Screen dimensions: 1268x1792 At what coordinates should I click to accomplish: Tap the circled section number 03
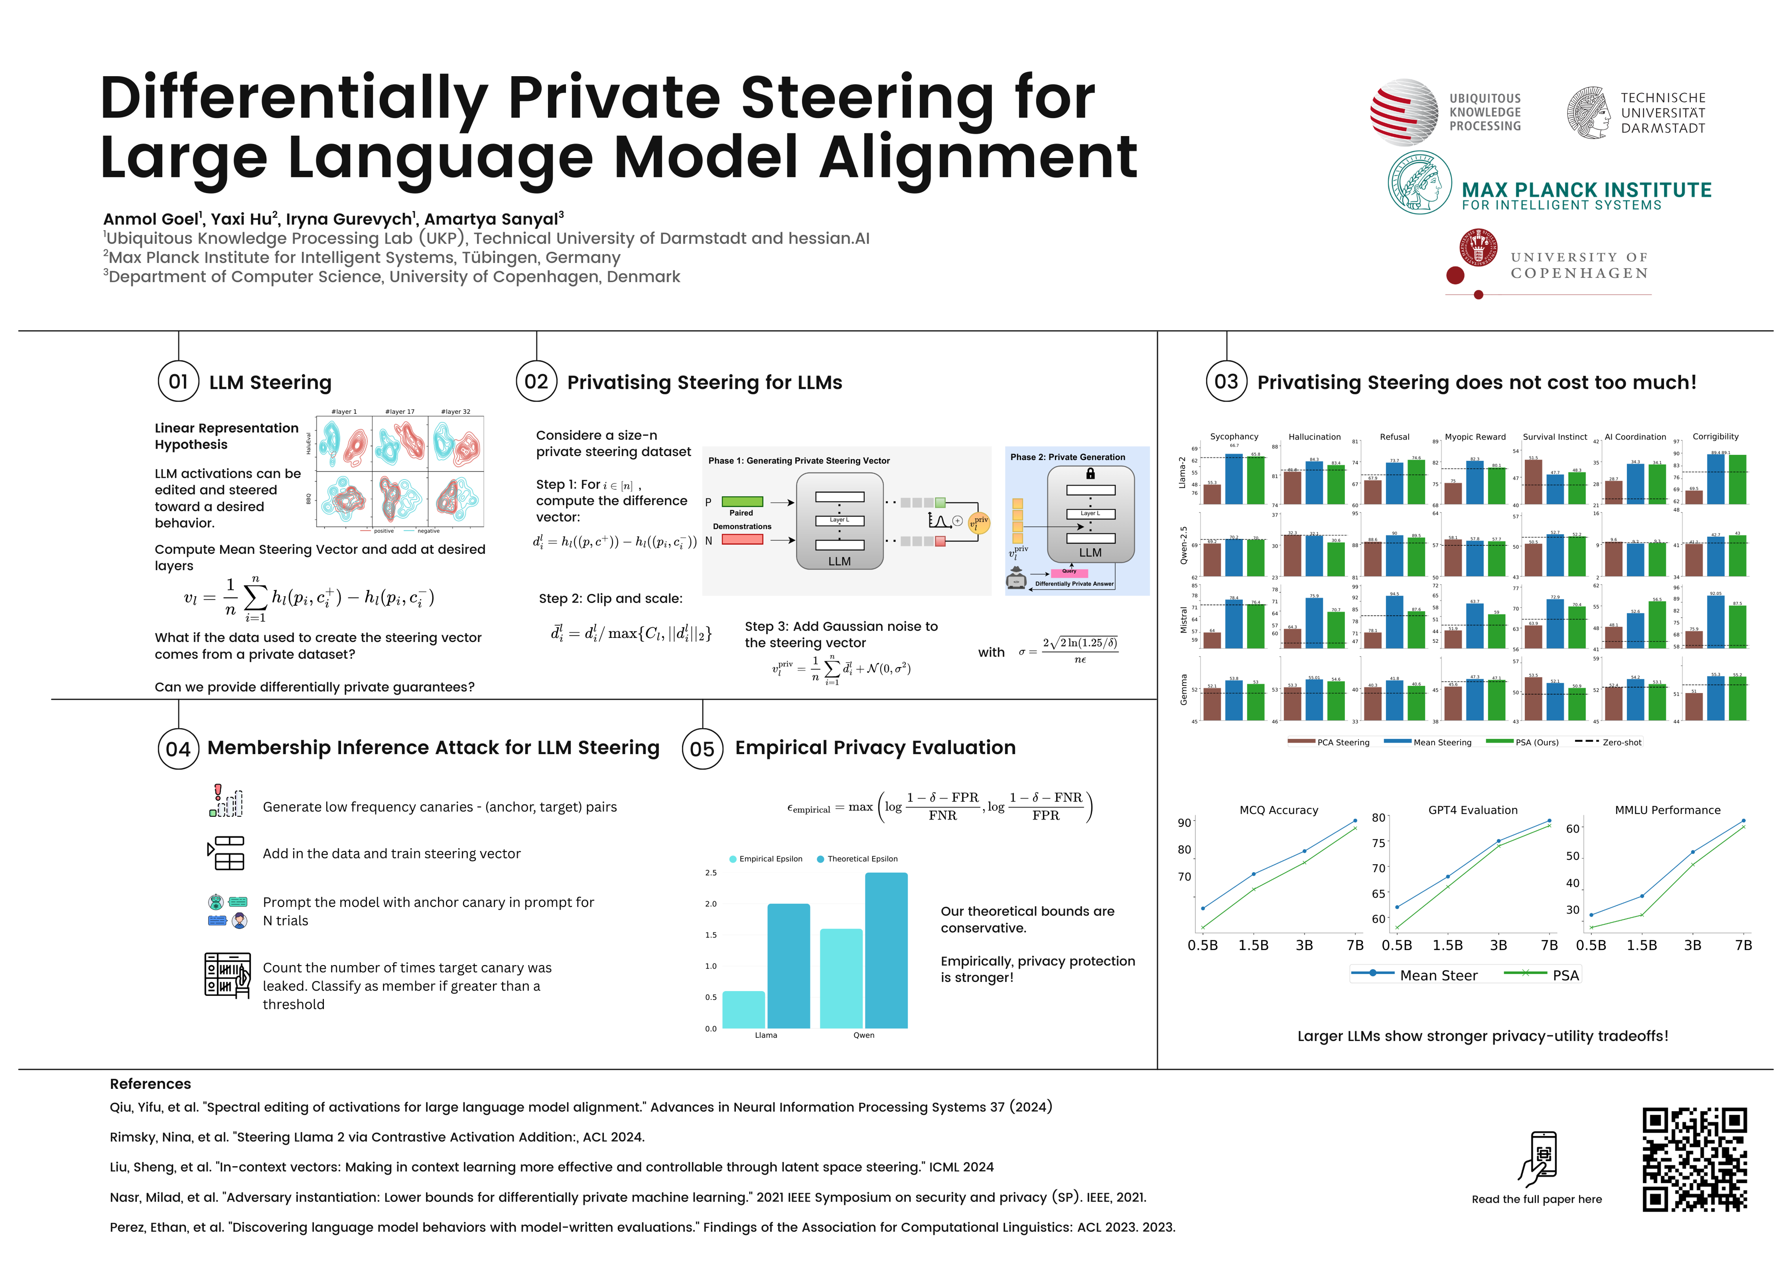point(1226,382)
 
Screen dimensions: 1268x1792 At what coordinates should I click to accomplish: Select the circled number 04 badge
point(178,749)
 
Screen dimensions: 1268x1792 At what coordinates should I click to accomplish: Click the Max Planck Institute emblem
point(1420,183)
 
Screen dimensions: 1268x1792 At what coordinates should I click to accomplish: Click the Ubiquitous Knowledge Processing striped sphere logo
point(1404,112)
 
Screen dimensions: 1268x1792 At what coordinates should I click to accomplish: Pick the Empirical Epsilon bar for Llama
point(744,1010)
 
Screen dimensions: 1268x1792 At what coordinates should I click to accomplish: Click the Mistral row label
point(1183,619)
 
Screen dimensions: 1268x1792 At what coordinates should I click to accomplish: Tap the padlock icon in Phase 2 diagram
point(1091,473)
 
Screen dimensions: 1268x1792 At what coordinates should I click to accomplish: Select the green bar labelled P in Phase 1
point(742,502)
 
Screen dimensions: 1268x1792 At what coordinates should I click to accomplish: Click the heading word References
point(151,1084)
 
